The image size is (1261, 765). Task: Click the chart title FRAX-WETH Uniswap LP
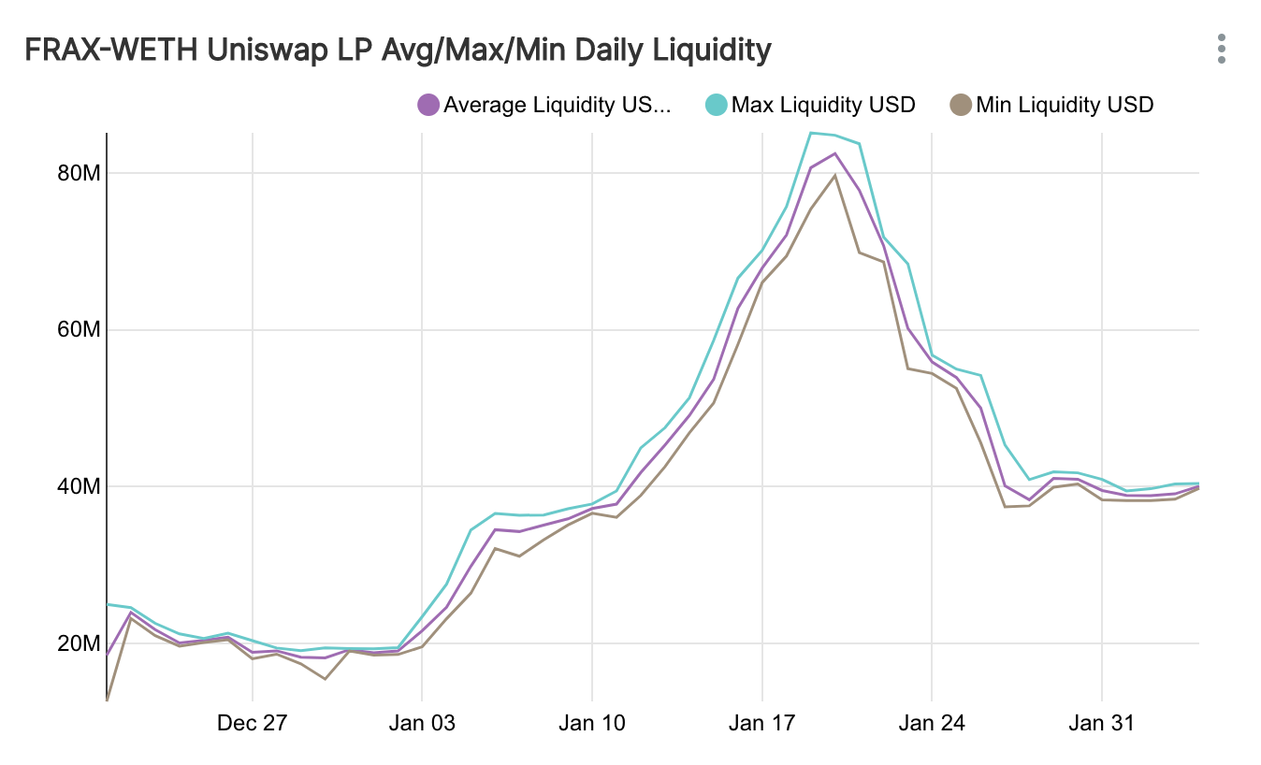(x=398, y=50)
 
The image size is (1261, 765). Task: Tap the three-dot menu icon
(x=1221, y=50)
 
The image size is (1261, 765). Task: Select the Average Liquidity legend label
(x=557, y=104)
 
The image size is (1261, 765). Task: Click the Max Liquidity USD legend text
(x=823, y=104)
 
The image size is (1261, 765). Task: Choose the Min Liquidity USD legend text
(x=1065, y=104)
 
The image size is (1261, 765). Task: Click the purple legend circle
(x=428, y=104)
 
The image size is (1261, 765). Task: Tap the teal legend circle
(x=716, y=104)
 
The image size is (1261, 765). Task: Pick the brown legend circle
(x=961, y=104)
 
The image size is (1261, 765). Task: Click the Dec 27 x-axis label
(x=253, y=723)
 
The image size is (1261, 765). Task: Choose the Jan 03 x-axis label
(x=422, y=723)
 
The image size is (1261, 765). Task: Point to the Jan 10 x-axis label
(x=592, y=723)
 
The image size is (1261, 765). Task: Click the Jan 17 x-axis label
(x=761, y=723)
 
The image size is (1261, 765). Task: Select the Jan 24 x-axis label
(x=932, y=723)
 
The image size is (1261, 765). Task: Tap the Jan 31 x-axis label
(x=1102, y=723)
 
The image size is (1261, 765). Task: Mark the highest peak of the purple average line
(x=834, y=153)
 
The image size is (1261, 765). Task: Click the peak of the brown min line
(x=834, y=175)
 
